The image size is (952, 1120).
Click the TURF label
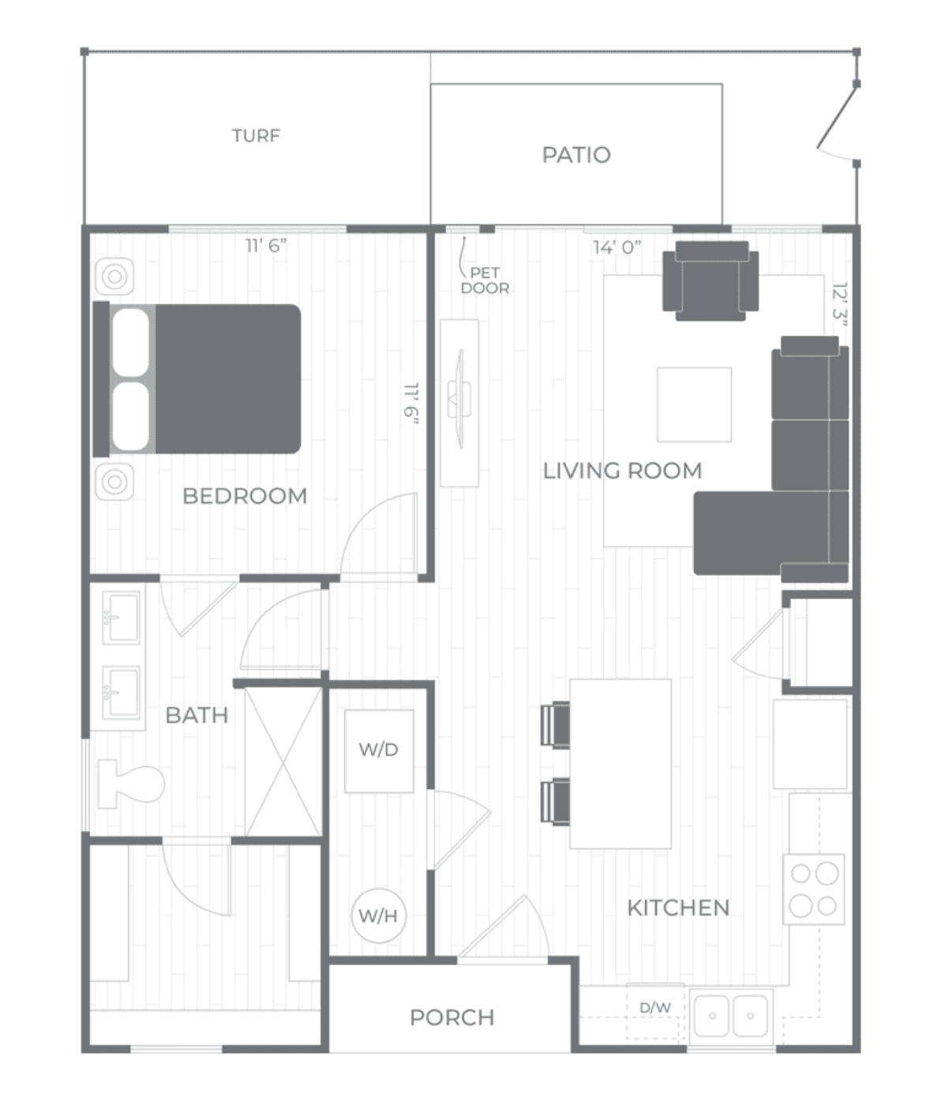click(256, 136)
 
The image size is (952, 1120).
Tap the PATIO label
click(576, 155)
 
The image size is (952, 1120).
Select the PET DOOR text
click(485, 280)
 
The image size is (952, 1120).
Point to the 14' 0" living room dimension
click(617, 248)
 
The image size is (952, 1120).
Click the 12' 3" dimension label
click(839, 305)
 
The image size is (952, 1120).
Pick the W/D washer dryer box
click(379, 751)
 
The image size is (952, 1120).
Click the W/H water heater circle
click(379, 915)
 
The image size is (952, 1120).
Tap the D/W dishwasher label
click(655, 1008)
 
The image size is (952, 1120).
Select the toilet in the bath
click(131, 784)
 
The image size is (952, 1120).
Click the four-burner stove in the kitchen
click(814, 889)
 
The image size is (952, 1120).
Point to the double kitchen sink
click(731, 1016)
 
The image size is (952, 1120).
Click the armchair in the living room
click(710, 281)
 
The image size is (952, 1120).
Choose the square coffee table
click(694, 404)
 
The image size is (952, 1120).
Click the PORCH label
click(452, 1017)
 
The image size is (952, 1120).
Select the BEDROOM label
click(245, 496)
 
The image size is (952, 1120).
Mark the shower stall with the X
click(283, 761)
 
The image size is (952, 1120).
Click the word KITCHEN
click(678, 908)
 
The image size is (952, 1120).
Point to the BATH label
click(197, 716)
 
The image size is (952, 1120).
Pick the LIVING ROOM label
click(622, 471)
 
